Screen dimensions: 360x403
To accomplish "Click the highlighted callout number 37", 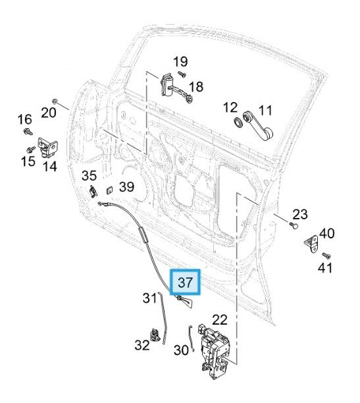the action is tap(186, 282).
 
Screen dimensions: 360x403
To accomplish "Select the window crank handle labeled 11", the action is tap(258, 125).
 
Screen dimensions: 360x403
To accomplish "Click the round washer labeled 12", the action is tap(238, 122).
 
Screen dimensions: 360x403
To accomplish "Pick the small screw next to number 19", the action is tap(182, 74).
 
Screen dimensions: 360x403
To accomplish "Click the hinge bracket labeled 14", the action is tap(48, 148).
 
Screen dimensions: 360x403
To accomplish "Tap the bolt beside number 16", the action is tap(28, 132).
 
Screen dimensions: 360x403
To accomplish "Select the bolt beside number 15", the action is tap(31, 149).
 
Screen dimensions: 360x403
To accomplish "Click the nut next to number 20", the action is tap(55, 101).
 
